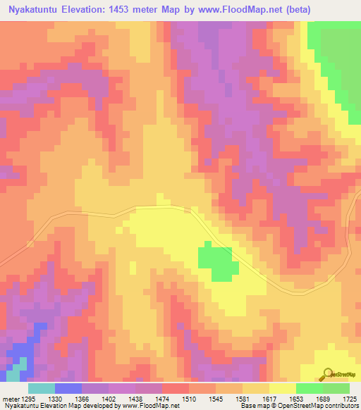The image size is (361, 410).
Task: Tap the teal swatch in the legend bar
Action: (41, 388)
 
